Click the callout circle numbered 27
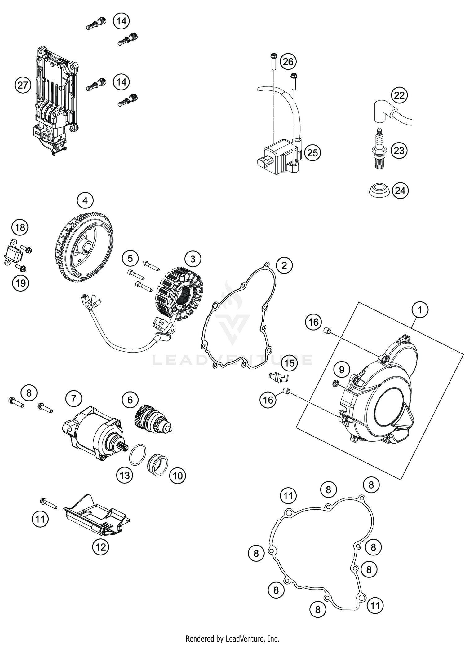(23, 85)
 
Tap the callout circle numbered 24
(400, 190)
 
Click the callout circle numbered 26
(288, 62)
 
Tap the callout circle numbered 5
(130, 258)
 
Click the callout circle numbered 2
(284, 265)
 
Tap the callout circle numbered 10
(178, 475)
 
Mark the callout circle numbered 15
(289, 363)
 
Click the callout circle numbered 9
(341, 370)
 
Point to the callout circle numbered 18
(20, 228)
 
